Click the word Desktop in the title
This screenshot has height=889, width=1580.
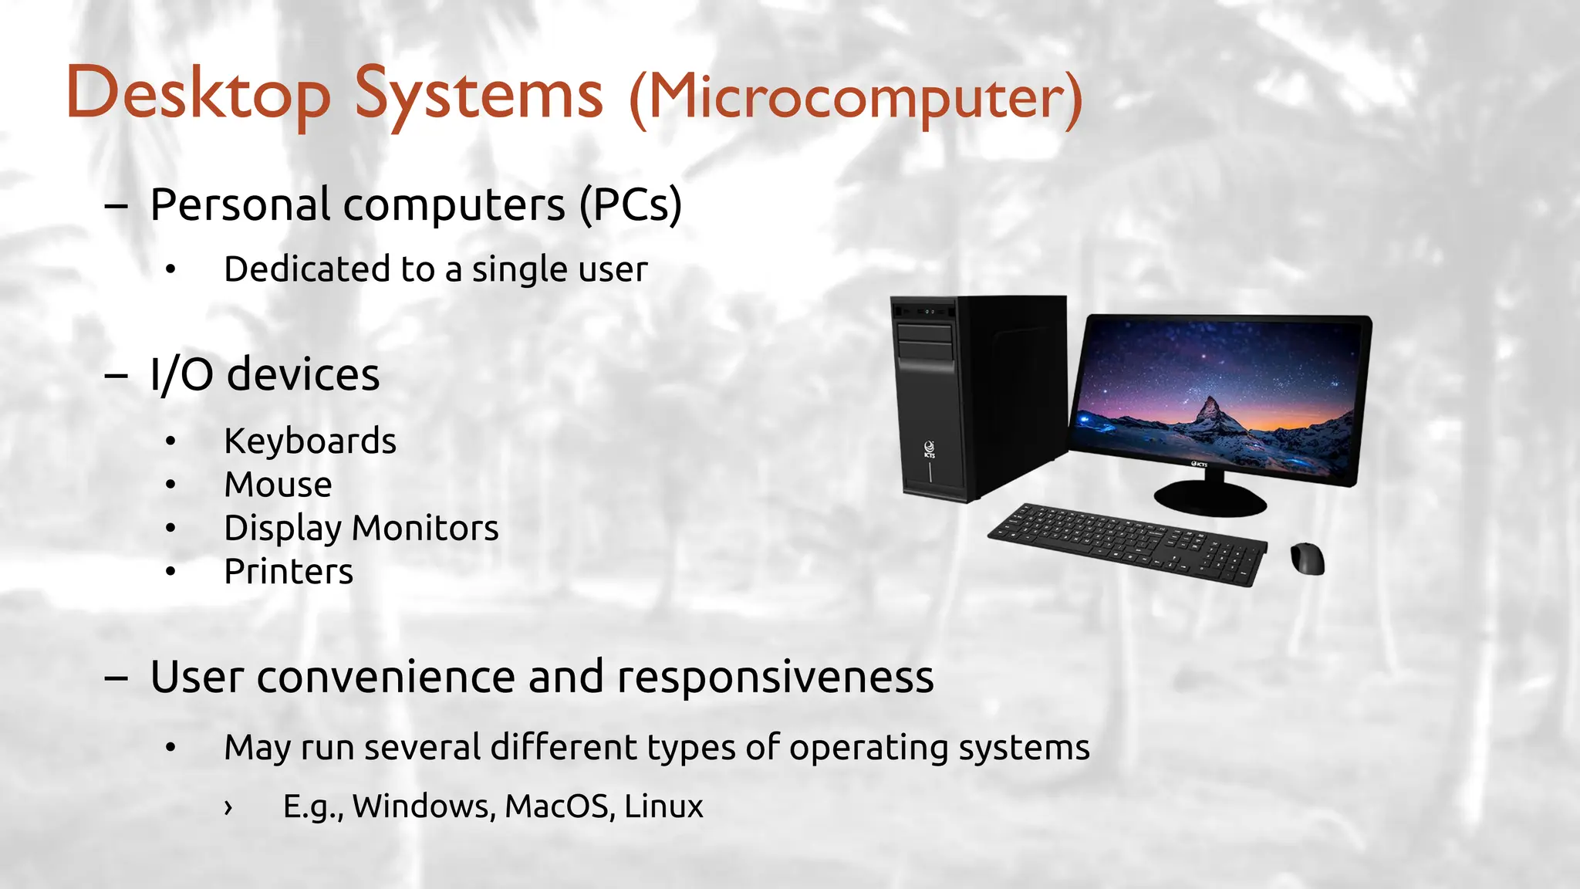point(198,94)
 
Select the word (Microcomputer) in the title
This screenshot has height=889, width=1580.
point(856,98)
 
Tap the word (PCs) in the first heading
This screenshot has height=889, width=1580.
point(630,205)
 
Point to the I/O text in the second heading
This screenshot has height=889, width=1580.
point(181,375)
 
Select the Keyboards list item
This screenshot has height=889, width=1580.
point(309,441)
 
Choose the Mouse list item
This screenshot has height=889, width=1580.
point(278,485)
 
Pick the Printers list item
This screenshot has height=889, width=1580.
point(289,572)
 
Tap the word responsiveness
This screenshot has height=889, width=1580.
point(775,677)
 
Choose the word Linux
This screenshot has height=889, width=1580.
point(663,806)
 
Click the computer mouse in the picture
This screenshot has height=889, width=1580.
point(1307,558)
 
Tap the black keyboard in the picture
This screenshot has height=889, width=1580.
point(1127,543)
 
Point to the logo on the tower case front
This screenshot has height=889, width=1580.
point(930,448)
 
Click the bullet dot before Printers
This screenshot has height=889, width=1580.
point(170,572)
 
